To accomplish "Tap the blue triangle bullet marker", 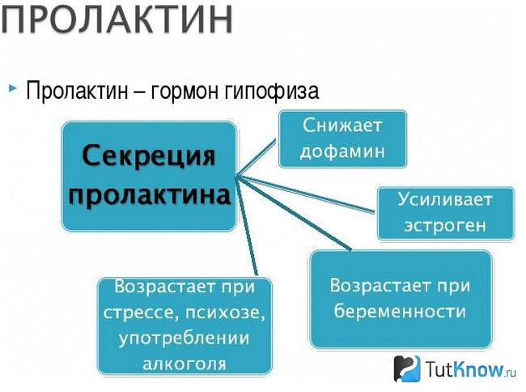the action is click(x=13, y=88).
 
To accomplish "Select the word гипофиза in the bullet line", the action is click(x=272, y=91).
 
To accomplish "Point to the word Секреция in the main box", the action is click(x=149, y=156).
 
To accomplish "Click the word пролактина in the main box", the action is click(x=149, y=195).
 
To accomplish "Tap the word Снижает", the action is click(x=342, y=126).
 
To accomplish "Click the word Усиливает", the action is click(x=445, y=199).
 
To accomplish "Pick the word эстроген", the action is click(x=445, y=225).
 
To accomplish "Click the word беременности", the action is click(x=400, y=310).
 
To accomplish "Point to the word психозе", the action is click(x=225, y=312).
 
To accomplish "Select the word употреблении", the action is click(x=184, y=338).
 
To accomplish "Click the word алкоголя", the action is click(x=185, y=363).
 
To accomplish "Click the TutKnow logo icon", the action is click(x=406, y=369).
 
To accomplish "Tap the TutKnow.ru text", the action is click(x=470, y=369).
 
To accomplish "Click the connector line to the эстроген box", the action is click(x=305, y=194).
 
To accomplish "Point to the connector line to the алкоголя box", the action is click(x=247, y=225).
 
